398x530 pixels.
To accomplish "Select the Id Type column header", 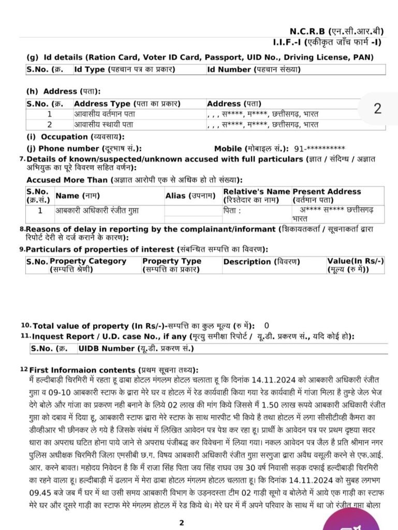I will pyautogui.click(x=124, y=69).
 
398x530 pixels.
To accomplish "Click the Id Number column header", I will pyautogui.click(x=254, y=69).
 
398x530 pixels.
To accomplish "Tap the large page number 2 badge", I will pyautogui.click(x=377, y=109).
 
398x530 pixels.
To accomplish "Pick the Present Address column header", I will pyautogui.click(x=327, y=195).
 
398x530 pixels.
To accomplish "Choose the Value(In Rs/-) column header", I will pyautogui.click(x=355, y=265).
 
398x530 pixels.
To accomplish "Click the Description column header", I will pyautogui.click(x=261, y=262).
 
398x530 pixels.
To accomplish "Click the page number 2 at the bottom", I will pyautogui.click(x=181, y=523).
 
